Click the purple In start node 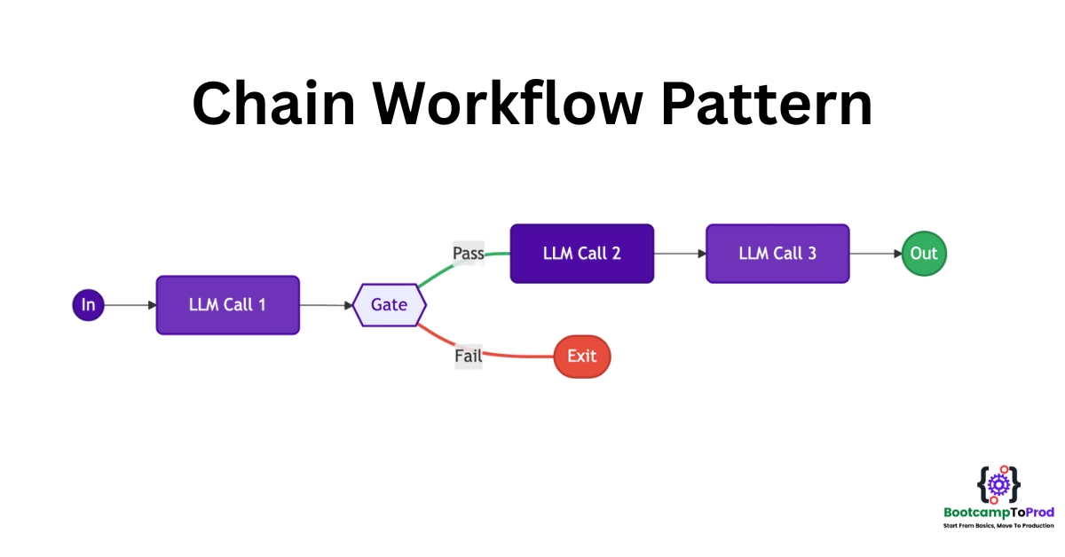point(88,305)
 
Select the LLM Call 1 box point(228,305)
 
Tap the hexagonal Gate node point(390,305)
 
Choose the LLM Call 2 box point(582,254)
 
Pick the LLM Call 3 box point(777,254)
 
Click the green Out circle point(924,254)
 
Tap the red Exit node point(582,357)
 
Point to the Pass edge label point(469,254)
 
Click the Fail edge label point(469,356)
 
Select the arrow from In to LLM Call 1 point(130,305)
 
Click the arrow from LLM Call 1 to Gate point(327,305)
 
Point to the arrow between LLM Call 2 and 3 point(680,254)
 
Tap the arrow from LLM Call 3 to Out point(876,254)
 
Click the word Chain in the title point(274,104)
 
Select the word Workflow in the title point(508,104)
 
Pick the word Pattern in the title point(767,104)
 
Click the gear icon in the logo point(999,485)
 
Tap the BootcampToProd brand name point(999,513)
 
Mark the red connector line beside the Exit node point(518,356)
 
